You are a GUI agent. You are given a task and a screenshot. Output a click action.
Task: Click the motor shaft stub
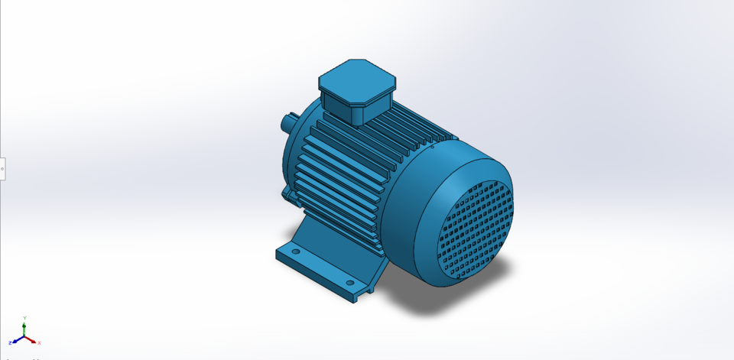pos(290,121)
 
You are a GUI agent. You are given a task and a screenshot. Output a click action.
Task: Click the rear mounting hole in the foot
pos(296,251)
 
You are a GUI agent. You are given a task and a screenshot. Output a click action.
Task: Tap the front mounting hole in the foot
pos(350,283)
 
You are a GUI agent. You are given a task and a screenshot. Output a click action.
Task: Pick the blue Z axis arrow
pos(16,341)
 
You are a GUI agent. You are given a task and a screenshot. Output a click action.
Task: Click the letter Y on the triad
pos(24,317)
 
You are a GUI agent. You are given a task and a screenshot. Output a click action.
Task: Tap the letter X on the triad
pos(39,343)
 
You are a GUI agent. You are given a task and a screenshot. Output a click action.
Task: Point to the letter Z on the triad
pos(10,343)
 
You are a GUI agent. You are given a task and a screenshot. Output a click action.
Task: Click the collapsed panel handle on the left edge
pos(2,169)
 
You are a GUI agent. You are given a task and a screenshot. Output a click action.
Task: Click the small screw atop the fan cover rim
pos(432,147)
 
